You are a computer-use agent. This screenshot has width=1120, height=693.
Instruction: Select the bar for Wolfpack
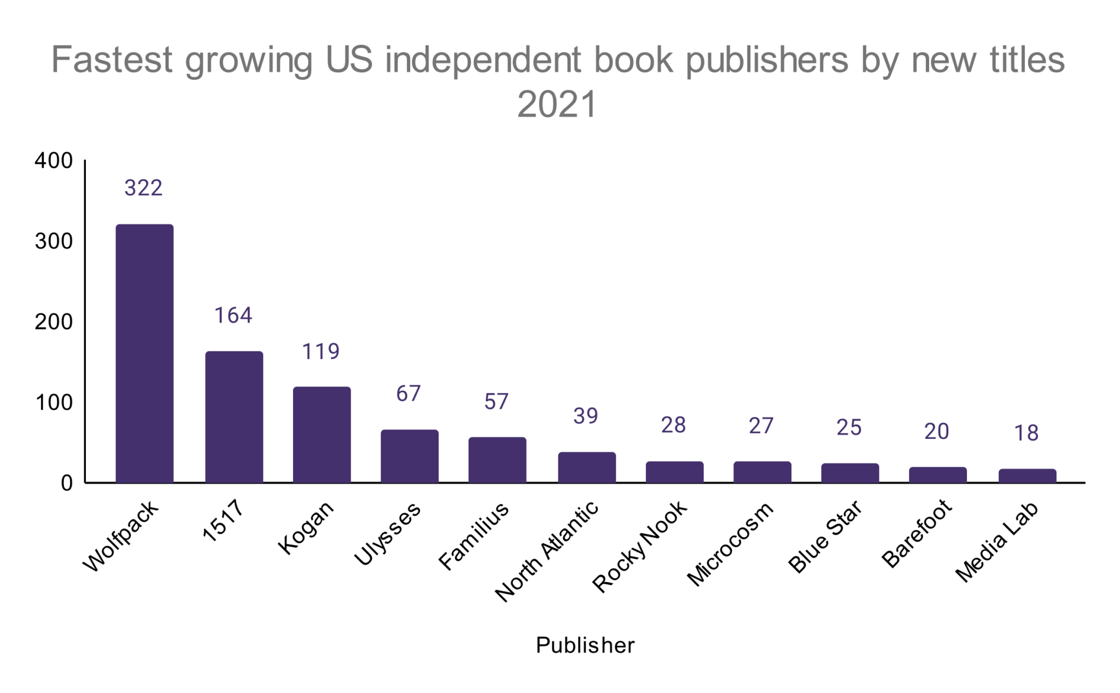coord(144,353)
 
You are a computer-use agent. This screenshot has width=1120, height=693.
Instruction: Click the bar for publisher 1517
coord(234,416)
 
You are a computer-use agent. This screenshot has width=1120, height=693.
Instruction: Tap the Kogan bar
coord(322,434)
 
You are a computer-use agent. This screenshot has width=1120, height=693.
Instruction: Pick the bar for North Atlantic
coord(587,467)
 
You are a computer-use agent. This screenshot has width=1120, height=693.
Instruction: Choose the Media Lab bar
coord(1027,475)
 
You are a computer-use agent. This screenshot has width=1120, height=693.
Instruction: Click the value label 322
coord(143,188)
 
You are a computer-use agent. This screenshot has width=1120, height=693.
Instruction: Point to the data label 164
coord(233,315)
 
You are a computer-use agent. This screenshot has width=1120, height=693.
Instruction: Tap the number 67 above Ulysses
coord(409,394)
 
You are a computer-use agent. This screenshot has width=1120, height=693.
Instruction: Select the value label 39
coord(586,416)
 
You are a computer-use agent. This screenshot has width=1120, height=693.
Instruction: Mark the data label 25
coord(849,427)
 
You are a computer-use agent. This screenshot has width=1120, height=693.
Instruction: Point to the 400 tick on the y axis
coord(54,161)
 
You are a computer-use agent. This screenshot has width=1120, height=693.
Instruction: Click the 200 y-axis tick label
coord(54,322)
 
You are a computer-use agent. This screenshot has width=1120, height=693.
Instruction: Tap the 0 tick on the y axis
coord(67,483)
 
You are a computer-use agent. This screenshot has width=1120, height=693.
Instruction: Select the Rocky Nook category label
coord(640,547)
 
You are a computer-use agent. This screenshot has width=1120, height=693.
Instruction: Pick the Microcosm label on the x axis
coord(731,544)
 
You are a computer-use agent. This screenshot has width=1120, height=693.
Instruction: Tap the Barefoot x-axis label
coord(917,533)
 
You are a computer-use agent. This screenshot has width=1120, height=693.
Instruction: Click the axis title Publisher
coord(585,645)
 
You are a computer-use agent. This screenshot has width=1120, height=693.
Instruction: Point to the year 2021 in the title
coord(557,104)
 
